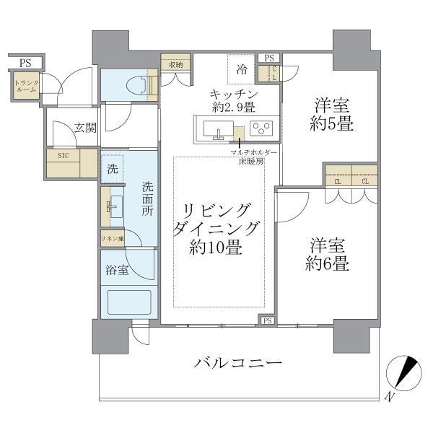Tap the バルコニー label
[238, 362]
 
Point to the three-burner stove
[261, 128]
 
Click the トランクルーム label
[26, 87]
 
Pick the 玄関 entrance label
[85, 129]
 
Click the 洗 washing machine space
[112, 170]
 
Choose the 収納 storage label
[175, 65]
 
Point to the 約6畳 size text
[327, 264]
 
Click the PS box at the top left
[25, 62]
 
